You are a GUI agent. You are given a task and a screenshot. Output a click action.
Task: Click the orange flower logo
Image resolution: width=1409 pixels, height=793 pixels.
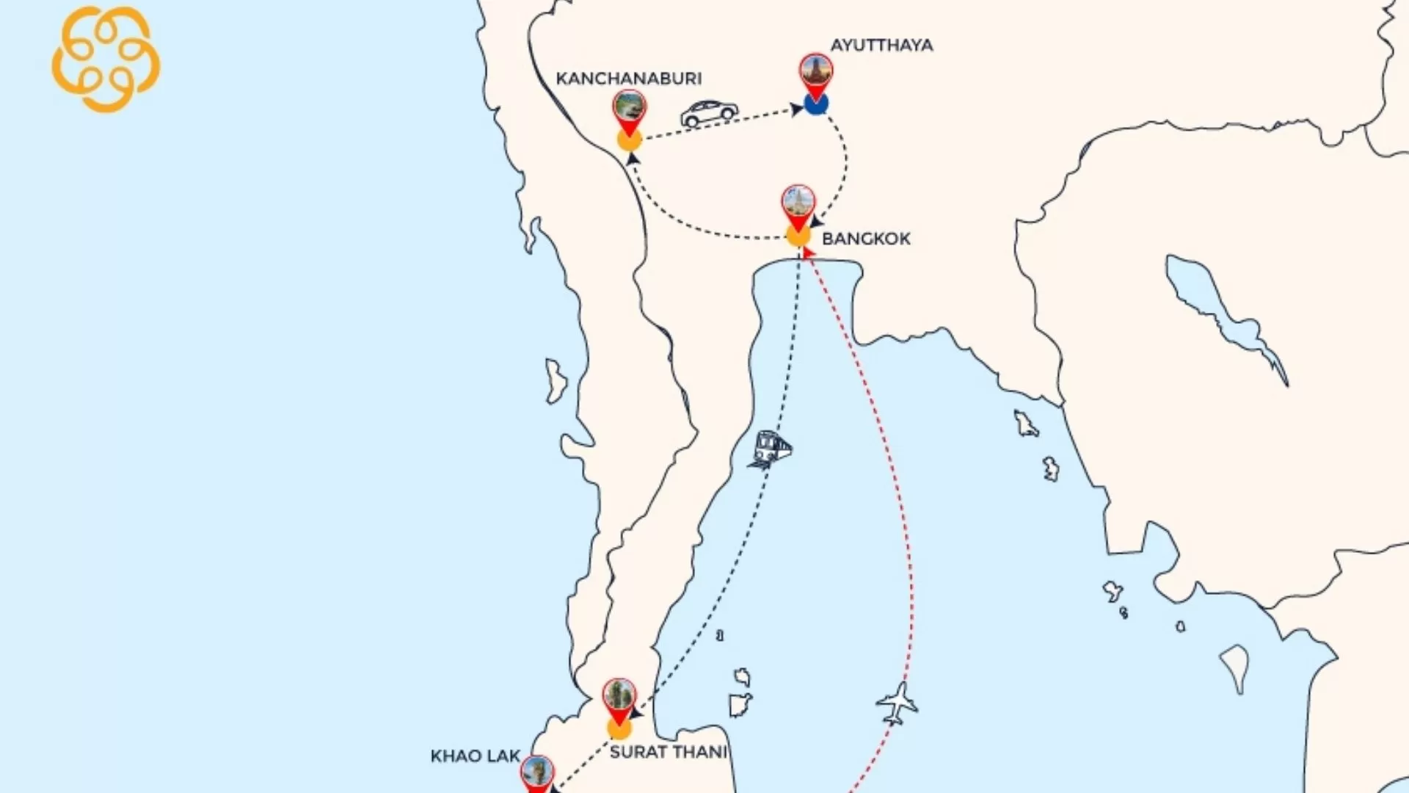point(106,59)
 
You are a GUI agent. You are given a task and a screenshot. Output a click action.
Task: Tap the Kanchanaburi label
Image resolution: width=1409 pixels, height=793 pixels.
point(628,79)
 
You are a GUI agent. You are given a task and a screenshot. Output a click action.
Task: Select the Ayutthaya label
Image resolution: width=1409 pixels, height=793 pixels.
point(881,46)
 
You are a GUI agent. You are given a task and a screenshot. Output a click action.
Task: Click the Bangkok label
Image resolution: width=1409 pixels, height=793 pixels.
point(866,239)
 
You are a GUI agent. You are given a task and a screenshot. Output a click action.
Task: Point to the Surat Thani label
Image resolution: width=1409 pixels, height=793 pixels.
point(668,752)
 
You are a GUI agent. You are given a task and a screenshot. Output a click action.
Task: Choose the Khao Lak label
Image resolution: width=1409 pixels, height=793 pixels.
point(475,756)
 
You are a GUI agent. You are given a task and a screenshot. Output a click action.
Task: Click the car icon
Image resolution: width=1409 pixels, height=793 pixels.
point(708,113)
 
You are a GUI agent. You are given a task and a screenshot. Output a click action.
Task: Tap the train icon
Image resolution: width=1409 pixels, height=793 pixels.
point(771,449)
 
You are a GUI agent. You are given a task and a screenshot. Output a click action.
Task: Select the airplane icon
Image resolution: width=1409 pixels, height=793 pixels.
point(897,703)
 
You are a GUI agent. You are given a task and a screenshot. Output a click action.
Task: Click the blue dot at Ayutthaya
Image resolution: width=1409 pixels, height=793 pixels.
point(815,104)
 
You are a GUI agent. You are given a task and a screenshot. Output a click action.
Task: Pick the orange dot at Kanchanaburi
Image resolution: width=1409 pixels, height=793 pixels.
point(629,140)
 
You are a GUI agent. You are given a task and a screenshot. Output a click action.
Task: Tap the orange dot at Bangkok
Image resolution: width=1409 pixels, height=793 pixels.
point(798,236)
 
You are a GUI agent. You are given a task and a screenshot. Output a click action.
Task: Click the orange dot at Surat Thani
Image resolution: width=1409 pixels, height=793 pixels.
point(619,728)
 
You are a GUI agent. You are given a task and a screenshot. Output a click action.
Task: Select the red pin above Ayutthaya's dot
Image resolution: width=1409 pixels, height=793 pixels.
point(815,73)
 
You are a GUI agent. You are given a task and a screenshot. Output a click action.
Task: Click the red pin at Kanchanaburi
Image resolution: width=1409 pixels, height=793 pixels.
point(629,110)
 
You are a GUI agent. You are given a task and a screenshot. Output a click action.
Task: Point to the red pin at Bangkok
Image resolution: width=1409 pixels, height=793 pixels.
point(798,206)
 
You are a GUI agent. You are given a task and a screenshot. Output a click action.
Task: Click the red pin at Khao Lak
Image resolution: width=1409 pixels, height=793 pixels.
point(537,775)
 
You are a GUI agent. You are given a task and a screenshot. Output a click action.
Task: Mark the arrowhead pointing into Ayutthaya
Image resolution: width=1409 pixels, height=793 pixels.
point(797,110)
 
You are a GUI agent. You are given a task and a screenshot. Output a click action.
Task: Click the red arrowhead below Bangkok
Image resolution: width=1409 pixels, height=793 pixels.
point(807,253)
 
